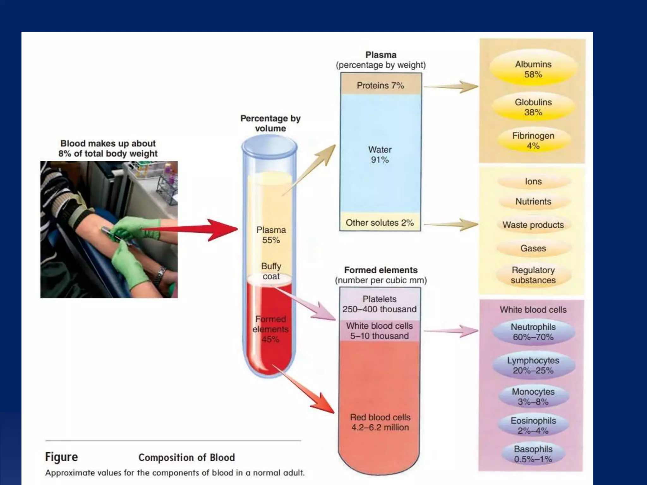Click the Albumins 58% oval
[x=533, y=69]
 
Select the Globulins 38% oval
[x=533, y=107]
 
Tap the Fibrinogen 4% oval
[x=533, y=141]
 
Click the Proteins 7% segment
[x=380, y=85]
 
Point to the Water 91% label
[x=380, y=155]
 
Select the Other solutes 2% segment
[x=380, y=223]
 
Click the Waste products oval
[x=533, y=225]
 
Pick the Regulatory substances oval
[x=533, y=275]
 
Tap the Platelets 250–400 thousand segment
[x=380, y=304]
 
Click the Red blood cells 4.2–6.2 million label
[x=380, y=422]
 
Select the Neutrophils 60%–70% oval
[x=533, y=332]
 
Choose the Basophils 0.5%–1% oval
[x=533, y=454]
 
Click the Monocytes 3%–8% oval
[x=533, y=397]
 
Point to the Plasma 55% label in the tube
[x=271, y=235]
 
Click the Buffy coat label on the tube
[x=271, y=271]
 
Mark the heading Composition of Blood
[x=186, y=458]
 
